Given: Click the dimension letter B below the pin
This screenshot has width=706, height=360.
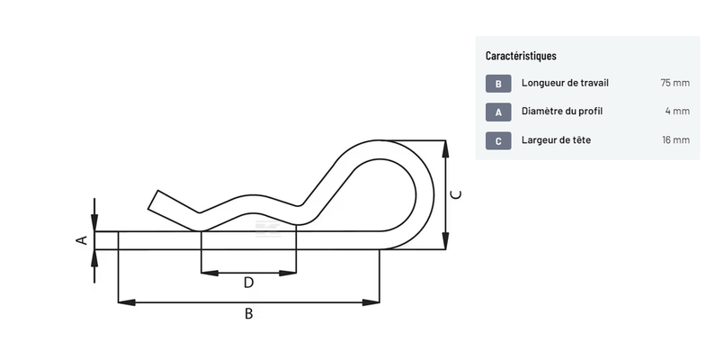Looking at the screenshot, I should click(249, 314).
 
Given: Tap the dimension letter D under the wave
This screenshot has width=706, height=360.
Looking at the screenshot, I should click(249, 283).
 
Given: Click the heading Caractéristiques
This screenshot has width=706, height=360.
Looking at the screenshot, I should click(521, 56).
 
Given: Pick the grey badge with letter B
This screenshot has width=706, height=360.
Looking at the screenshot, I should click(498, 84).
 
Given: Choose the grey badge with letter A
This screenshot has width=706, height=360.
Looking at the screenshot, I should click(498, 112).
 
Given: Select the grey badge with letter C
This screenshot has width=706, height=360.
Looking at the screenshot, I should click(498, 140).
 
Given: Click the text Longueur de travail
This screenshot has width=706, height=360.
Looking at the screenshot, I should click(565, 83).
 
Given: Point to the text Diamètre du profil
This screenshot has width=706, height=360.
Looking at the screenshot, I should click(562, 112).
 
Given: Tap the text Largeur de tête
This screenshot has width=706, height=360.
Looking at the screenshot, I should click(556, 140).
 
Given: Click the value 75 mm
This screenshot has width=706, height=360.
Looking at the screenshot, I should click(675, 83).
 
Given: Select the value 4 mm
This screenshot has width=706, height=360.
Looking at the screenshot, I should click(677, 112).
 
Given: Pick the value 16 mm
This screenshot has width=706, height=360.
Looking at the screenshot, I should click(675, 140).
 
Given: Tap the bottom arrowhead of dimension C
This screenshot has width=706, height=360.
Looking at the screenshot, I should click(444, 242).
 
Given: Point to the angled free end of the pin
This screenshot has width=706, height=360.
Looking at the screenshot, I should click(155, 200).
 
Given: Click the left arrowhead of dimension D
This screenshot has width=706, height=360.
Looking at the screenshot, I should click(206, 271).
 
